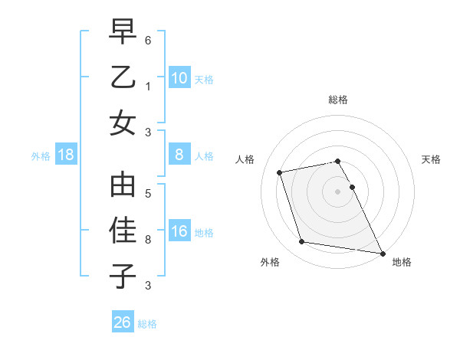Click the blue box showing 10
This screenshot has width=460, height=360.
[x=179, y=77]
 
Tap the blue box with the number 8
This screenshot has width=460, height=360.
[x=179, y=155]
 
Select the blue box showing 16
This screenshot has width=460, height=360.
[x=179, y=231]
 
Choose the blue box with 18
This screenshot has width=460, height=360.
[x=66, y=155]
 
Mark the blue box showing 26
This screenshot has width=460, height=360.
[x=123, y=322]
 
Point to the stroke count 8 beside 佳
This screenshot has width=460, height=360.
[x=148, y=239]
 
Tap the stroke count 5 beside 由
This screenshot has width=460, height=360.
[x=148, y=194]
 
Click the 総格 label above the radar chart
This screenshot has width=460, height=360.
[x=338, y=100]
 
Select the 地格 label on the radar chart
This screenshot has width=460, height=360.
[x=402, y=262]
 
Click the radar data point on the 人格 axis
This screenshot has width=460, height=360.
[x=280, y=172]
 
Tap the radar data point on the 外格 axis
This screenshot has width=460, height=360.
[x=302, y=242]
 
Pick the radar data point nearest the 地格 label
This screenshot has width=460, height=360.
[x=382, y=252]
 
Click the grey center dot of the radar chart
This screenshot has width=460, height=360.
[x=338, y=191]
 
